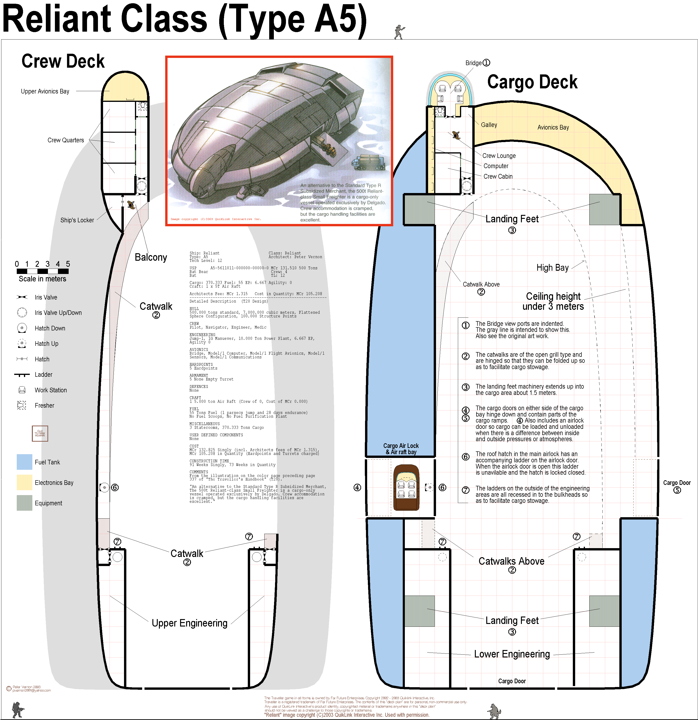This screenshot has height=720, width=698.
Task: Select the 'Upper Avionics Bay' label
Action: pyautogui.click(x=45, y=91)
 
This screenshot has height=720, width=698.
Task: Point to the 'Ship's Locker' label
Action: pyautogui.click(x=77, y=220)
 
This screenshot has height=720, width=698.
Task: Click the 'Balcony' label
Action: pyautogui.click(x=151, y=257)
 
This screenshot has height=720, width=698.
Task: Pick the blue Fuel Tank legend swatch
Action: pyautogui.click(x=24, y=462)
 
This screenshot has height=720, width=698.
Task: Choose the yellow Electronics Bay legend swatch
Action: pyautogui.click(x=24, y=482)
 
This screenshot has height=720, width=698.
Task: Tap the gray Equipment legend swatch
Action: pyautogui.click(x=24, y=503)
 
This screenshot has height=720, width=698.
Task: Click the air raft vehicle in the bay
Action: pyautogui.click(x=406, y=487)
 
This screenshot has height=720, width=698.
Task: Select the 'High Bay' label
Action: pyautogui.click(x=552, y=267)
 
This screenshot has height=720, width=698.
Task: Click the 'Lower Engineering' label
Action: pyautogui.click(x=512, y=654)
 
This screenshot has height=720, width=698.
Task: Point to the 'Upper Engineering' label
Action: pyautogui.click(x=189, y=623)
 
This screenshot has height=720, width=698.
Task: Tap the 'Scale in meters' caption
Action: pyautogui.click(x=42, y=279)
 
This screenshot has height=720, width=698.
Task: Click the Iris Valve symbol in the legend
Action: pyautogui.click(x=22, y=297)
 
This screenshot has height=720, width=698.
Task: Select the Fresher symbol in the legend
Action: pyautogui.click(x=22, y=405)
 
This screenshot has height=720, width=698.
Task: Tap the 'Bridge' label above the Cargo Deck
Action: pyautogui.click(x=473, y=63)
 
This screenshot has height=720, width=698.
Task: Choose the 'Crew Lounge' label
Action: pyautogui.click(x=499, y=156)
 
